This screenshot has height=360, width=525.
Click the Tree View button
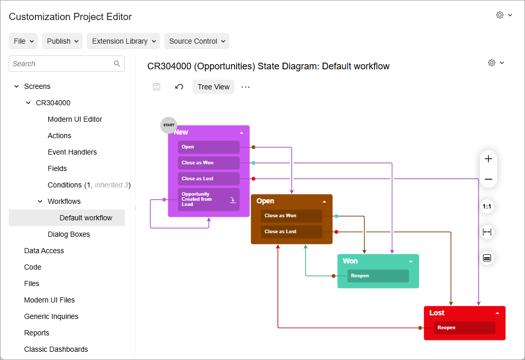(x=213, y=87)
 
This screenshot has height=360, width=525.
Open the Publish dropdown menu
(x=62, y=41)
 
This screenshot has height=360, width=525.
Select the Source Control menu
(x=197, y=41)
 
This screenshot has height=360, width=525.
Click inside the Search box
(x=62, y=64)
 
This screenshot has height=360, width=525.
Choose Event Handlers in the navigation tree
(x=72, y=152)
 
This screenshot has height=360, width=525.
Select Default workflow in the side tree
(x=86, y=218)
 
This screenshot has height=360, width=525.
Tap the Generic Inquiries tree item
(x=51, y=316)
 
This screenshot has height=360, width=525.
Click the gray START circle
(x=169, y=125)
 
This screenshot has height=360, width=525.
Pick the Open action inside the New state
(x=208, y=147)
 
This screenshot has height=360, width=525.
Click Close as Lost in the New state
(x=208, y=179)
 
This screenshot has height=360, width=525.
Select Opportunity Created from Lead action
(x=208, y=199)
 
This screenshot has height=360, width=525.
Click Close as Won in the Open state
(x=291, y=216)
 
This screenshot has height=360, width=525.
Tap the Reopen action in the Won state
(x=378, y=276)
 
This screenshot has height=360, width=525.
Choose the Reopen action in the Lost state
(x=464, y=328)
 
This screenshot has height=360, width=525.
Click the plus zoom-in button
(x=488, y=159)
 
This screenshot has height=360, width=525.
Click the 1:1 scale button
(x=487, y=206)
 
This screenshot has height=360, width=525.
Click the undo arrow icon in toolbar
(x=179, y=87)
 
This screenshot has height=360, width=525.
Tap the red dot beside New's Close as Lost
(x=254, y=179)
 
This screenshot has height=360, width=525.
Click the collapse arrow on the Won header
(x=411, y=261)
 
